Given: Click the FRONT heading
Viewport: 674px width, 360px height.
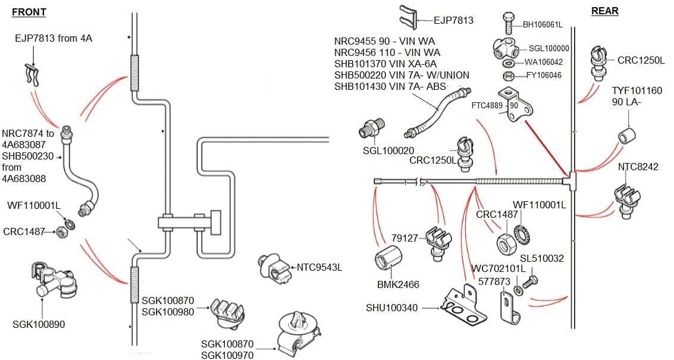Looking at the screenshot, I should pos(29,12).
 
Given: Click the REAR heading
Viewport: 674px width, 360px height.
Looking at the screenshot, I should pos(604,11).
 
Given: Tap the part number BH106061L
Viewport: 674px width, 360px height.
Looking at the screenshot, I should pos(543,24).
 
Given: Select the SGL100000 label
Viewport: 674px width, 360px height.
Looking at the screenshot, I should pos(549,49).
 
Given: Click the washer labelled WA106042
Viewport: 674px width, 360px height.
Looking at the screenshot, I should pos(509,62).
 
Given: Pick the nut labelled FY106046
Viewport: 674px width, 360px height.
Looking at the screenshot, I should pos(509,76).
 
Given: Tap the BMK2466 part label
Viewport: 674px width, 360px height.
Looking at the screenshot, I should pos(398,284).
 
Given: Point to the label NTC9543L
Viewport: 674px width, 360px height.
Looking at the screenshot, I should pos(319,267).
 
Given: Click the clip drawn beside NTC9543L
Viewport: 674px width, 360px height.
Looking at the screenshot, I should pos(272,268).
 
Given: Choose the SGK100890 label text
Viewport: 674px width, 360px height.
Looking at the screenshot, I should pos(39,324).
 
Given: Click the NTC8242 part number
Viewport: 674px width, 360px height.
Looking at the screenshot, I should pos(638,167).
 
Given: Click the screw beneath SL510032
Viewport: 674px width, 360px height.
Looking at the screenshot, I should pos(532,279).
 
